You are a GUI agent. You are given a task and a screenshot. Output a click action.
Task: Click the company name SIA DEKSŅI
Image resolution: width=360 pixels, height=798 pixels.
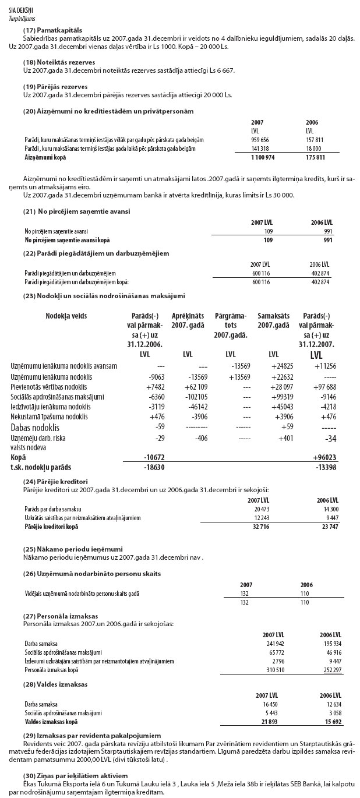pos(21,11)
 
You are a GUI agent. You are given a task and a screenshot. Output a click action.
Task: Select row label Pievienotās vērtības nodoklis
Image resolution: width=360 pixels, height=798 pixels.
pos(50,386)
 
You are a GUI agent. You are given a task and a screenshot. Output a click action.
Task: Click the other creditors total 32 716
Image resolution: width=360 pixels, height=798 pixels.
pos(259,526)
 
